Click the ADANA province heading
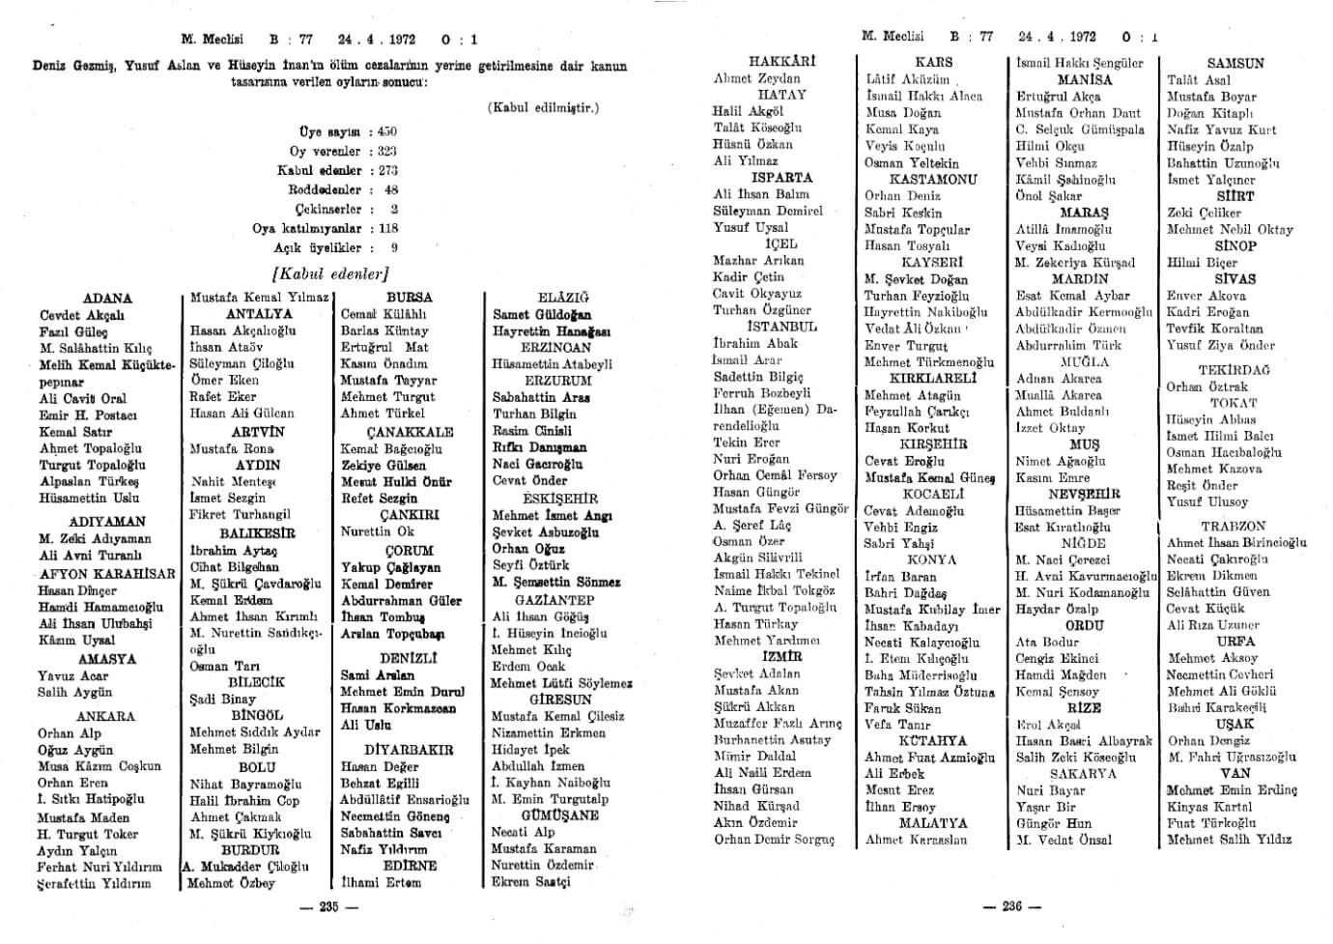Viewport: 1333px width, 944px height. tap(107, 299)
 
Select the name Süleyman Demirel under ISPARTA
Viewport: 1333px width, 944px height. tap(768, 211)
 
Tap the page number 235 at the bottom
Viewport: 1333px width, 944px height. tap(329, 906)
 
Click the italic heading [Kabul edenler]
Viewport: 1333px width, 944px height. tap(332, 272)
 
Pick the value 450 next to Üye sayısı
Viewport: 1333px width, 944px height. tap(386, 131)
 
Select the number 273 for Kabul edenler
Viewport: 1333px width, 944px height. tap(386, 170)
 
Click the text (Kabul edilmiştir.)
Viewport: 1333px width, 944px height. tap(543, 107)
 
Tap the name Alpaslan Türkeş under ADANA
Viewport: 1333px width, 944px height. tap(89, 481)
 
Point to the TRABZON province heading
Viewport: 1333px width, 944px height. tap(1234, 527)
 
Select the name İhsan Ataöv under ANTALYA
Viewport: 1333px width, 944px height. tap(226, 347)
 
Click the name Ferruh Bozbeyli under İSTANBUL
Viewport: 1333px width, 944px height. tap(761, 393)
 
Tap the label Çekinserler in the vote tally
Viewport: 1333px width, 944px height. tap(328, 209)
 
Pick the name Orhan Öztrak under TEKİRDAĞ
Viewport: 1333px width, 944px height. tap(1206, 386)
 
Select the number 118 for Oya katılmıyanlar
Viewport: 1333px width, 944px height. tap(388, 228)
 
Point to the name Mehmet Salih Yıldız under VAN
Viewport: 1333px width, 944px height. tap(1229, 840)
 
